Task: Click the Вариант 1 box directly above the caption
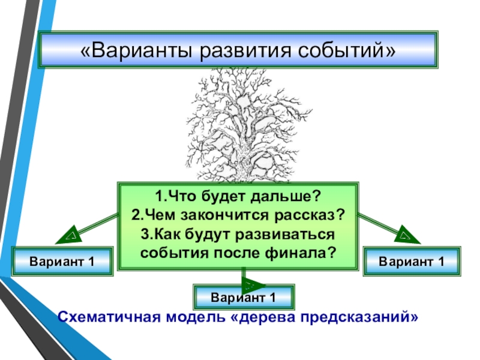tap(243, 298)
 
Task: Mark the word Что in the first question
tap(178, 196)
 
